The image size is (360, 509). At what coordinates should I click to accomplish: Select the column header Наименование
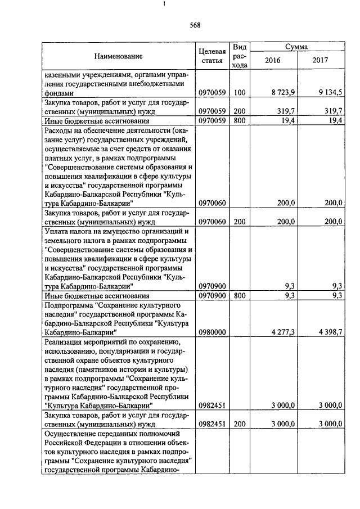[119, 56]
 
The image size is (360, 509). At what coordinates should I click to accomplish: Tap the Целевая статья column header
[213, 56]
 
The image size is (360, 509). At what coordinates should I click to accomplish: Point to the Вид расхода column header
[240, 56]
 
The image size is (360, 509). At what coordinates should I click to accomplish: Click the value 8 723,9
[282, 92]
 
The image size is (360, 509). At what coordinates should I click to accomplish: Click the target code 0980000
[212, 332]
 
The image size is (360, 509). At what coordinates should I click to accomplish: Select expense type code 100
[240, 92]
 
